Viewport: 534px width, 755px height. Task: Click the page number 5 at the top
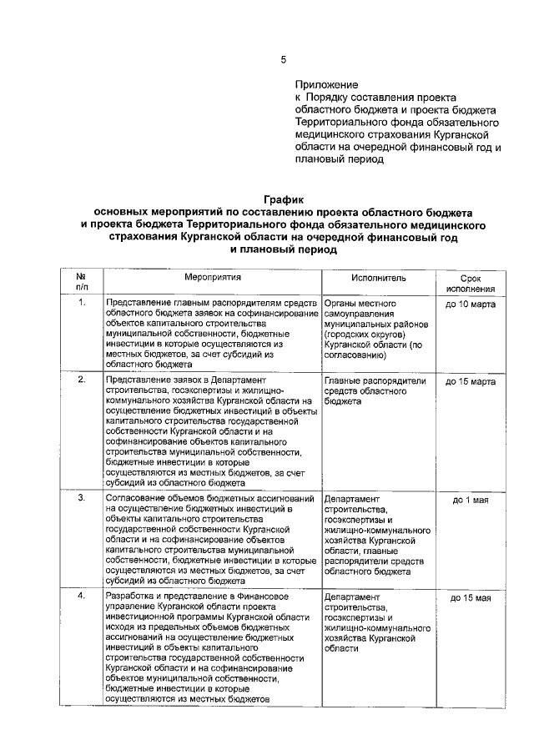(283, 59)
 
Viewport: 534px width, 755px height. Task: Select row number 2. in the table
(82, 380)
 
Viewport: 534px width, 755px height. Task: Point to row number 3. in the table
(82, 500)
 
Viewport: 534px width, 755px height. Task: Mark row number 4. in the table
(82, 598)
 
